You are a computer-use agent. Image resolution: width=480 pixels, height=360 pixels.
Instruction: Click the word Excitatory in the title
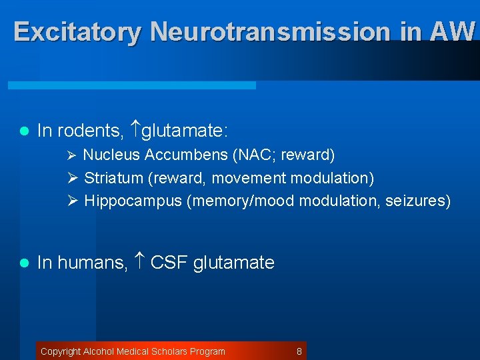point(77,31)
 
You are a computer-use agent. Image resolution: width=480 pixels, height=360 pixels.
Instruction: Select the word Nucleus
point(111,155)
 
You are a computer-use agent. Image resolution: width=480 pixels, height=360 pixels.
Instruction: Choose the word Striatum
point(114,178)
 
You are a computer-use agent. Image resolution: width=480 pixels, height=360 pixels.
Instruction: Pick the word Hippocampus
point(133,201)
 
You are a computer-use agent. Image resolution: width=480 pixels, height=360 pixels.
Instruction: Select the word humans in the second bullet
point(92,263)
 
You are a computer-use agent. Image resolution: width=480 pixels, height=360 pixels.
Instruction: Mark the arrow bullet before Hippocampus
point(73,201)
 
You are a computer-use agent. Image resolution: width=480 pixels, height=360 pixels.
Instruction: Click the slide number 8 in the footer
point(299,351)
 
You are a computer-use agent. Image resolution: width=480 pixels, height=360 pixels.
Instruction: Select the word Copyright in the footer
point(61,351)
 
